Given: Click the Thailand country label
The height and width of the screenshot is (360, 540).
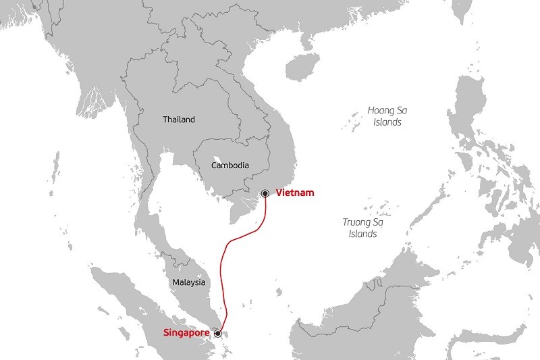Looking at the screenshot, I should [179, 120].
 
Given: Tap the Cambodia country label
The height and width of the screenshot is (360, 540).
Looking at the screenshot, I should [230, 165].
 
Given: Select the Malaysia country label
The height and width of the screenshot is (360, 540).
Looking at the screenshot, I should [188, 282].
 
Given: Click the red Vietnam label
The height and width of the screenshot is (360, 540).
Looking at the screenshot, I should [295, 193].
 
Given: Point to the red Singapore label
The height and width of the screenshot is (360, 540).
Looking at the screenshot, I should [186, 333].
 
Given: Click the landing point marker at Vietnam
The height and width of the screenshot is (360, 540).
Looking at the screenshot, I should [265, 194].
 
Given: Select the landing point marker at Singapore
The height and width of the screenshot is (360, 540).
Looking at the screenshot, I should [217, 333].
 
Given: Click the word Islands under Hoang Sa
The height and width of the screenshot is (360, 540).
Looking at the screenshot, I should [387, 123].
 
